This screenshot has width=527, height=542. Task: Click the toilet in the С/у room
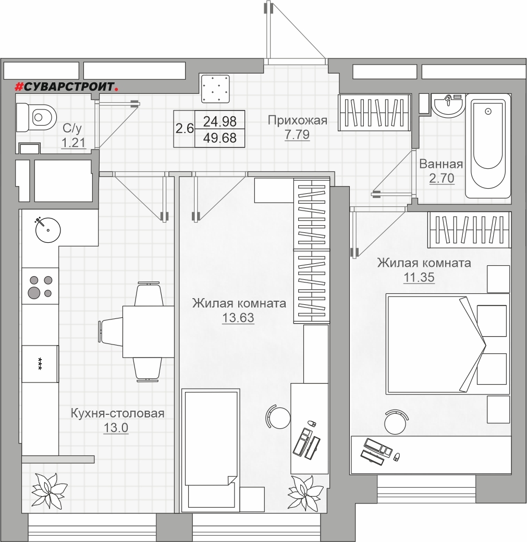pyautogui.click(x=36, y=118)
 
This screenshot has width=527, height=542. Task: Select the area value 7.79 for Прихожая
pyautogui.click(x=297, y=134)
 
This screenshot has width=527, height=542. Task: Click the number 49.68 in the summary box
pyautogui.click(x=220, y=138)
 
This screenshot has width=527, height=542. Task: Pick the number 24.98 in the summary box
pyautogui.click(x=220, y=121)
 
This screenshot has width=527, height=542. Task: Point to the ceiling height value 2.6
pyautogui.click(x=185, y=129)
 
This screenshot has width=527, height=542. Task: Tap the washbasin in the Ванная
pyautogui.click(x=448, y=105)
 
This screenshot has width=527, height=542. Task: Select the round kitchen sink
pyautogui.click(x=48, y=229)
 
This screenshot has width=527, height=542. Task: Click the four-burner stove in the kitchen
pyautogui.click(x=40, y=286)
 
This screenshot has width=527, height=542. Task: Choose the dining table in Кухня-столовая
pyautogui.click(x=149, y=332)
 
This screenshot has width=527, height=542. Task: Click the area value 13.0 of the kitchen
pyautogui.click(x=116, y=427)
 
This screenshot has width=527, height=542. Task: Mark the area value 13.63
pyautogui.click(x=238, y=317)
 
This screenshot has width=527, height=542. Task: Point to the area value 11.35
pyautogui.click(x=419, y=277)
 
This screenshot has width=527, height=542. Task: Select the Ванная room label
pyautogui.click(x=441, y=164)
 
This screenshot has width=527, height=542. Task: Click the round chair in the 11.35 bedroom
pyautogui.click(x=396, y=422)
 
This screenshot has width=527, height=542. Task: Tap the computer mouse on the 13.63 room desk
pyautogui.click(x=311, y=424)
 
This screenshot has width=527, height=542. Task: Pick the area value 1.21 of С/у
pyautogui.click(x=73, y=142)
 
